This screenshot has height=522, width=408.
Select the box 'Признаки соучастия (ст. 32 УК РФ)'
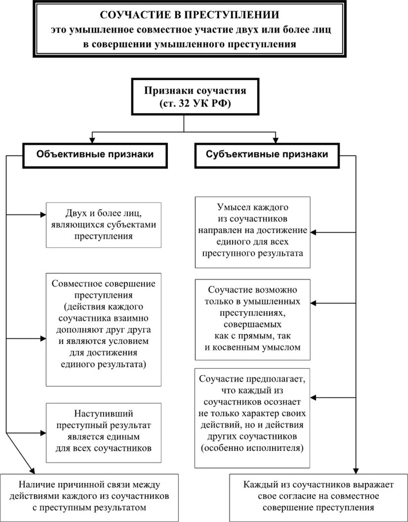(184, 96)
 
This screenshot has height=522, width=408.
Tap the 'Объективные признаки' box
(95, 154)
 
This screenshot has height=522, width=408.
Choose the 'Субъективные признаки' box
(267, 154)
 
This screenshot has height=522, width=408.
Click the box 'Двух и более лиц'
(103, 225)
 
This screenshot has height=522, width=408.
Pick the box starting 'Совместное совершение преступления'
(103, 329)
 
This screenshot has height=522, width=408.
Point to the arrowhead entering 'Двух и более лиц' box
(42, 215)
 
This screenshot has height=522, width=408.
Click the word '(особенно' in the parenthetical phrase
(219, 449)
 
